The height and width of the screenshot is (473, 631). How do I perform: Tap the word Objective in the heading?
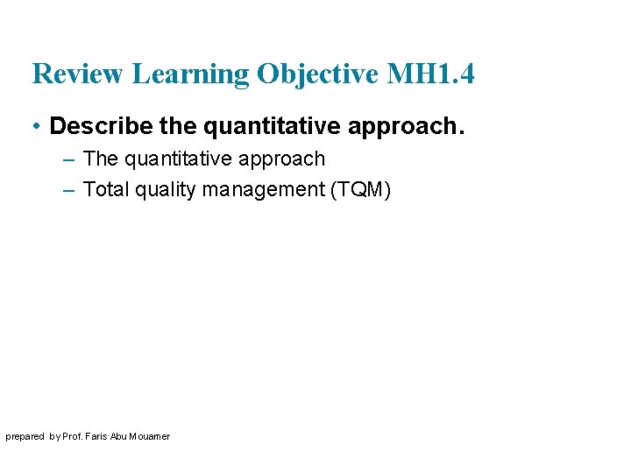coord(315,74)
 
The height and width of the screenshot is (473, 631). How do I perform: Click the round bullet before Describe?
coord(36,126)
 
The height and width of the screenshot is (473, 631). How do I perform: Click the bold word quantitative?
coord(272,126)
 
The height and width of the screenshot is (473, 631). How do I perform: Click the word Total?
coord(105,189)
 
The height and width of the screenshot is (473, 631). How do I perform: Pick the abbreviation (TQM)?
coord(359,189)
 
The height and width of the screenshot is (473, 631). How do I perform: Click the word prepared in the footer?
coord(25,436)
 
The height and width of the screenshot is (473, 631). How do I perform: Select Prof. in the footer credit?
coord(74,436)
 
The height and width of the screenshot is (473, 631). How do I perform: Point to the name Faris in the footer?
coord(99,436)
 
